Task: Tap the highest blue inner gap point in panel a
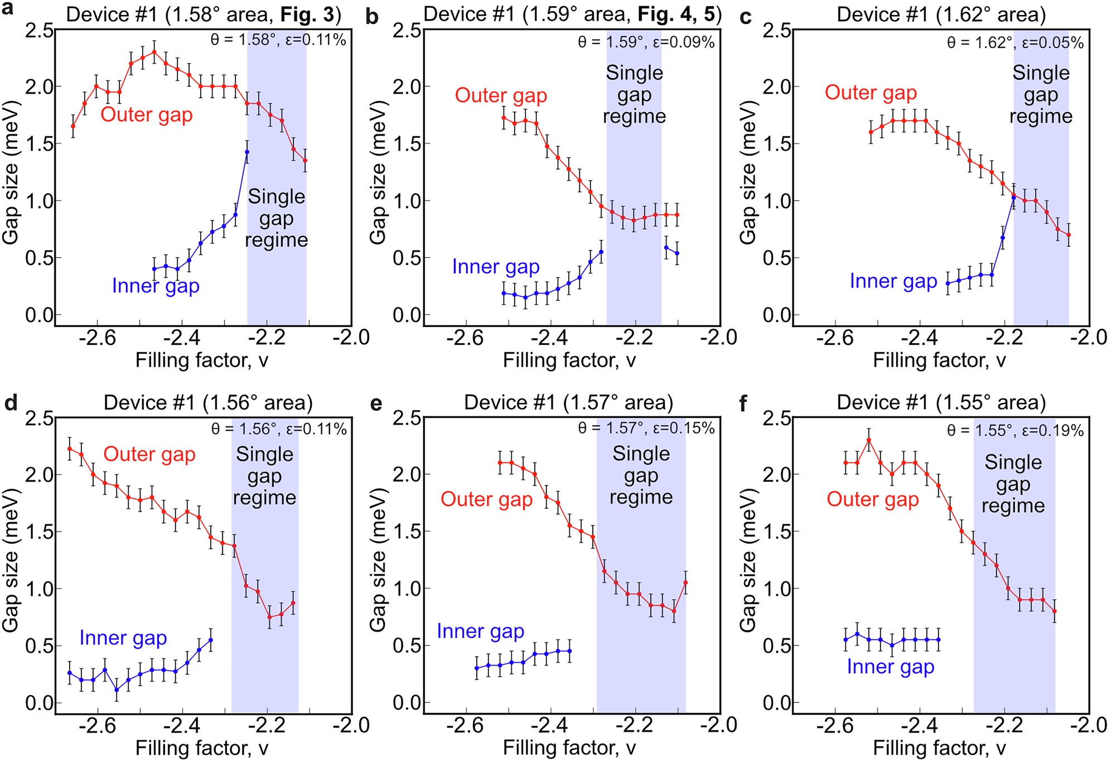[247, 152]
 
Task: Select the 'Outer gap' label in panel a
[147, 115]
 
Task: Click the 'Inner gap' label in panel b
[496, 267]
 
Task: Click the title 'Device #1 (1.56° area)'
[208, 403]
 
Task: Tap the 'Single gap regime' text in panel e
[641, 475]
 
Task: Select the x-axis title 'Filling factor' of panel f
[939, 748]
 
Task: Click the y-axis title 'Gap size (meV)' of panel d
[11, 560]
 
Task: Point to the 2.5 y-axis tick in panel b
[407, 31]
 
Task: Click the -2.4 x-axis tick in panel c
[919, 338]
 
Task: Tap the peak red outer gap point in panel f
[869, 440]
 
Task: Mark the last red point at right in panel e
[685, 582]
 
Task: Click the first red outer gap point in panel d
[70, 449]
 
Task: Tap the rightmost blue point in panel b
[677, 253]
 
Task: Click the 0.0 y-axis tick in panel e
[407, 703]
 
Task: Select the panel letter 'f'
[744, 403]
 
